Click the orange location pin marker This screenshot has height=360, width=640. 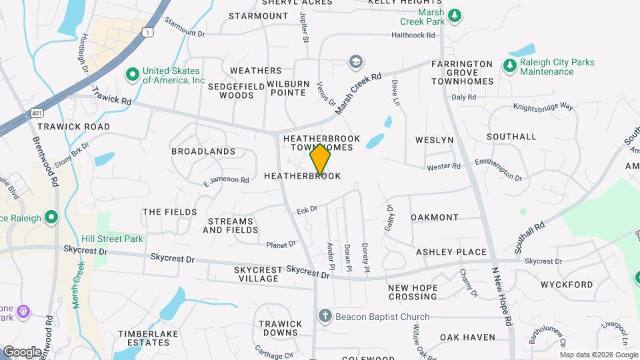(321, 159)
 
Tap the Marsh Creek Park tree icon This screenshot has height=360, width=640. (455, 15)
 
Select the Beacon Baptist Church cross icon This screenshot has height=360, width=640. (325, 317)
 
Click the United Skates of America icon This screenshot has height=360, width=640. (132, 72)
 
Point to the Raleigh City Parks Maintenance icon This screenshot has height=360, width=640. (509, 65)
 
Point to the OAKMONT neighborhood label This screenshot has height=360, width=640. (435, 217)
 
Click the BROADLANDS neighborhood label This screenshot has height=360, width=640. (203, 151)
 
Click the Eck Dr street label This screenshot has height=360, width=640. (307, 209)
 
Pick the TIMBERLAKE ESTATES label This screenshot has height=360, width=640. (144, 337)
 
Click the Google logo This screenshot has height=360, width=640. (22, 351)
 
